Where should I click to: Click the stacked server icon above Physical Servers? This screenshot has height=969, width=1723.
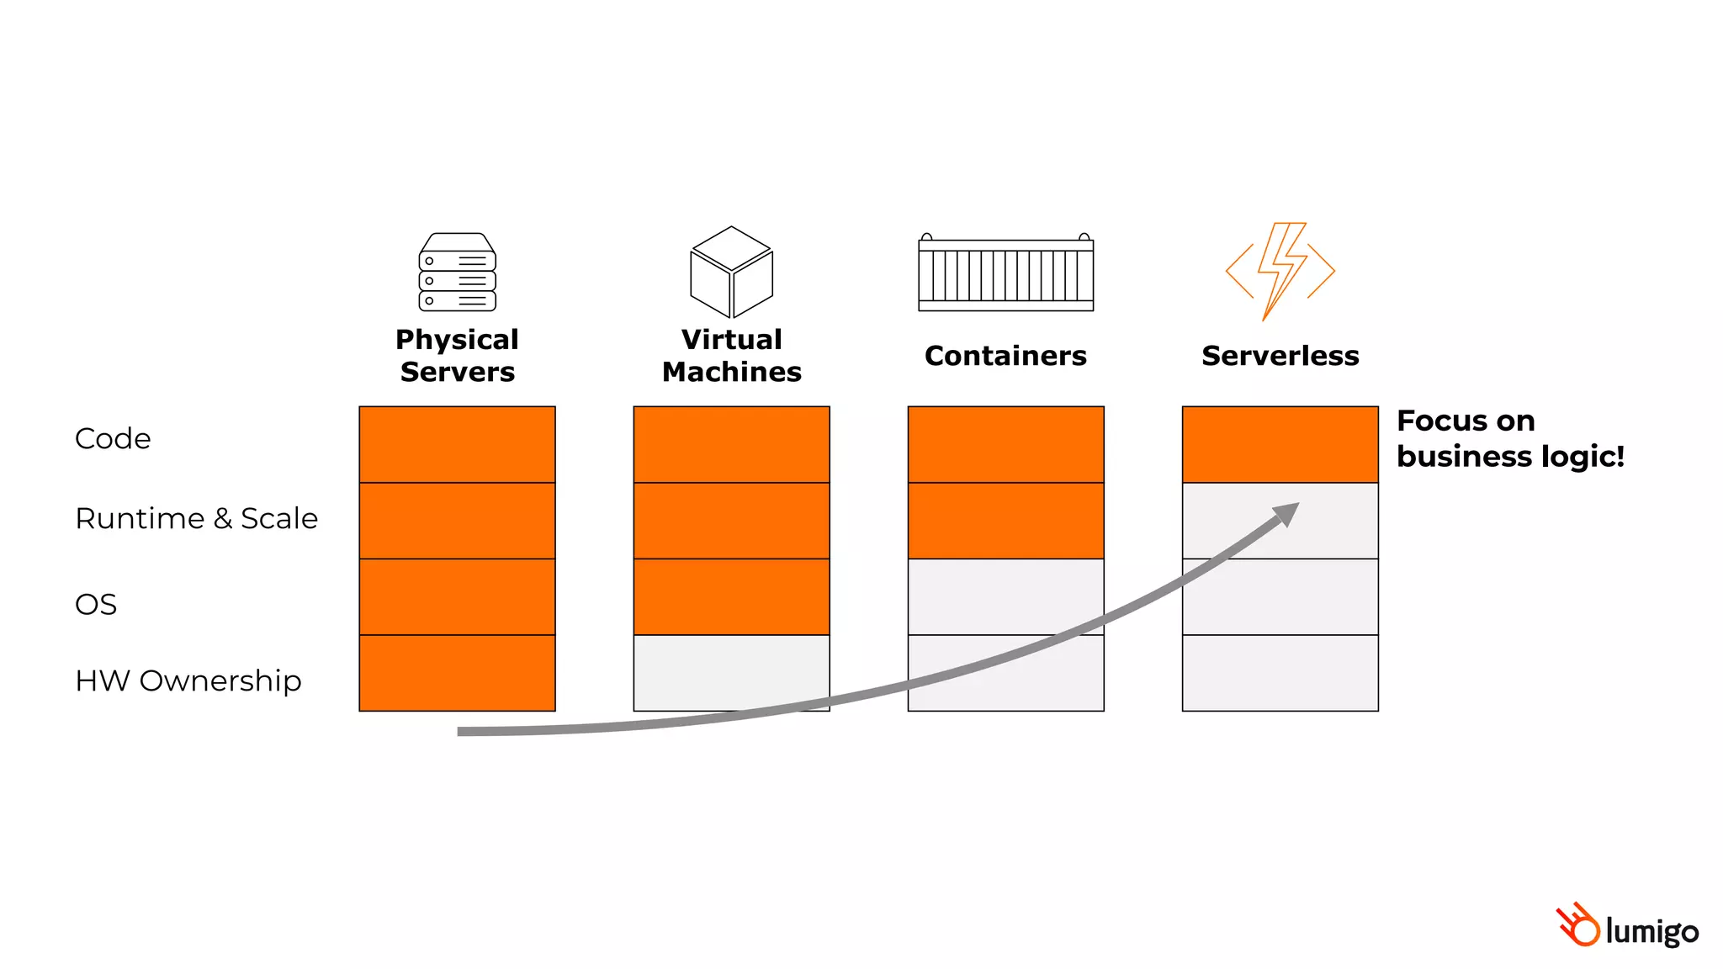pos(457,273)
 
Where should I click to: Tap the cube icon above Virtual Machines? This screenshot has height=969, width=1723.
pos(731,272)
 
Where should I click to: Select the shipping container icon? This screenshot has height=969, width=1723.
pos(1005,273)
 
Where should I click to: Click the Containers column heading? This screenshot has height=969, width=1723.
pos(1005,356)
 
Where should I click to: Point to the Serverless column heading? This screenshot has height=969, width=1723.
pos(1280,356)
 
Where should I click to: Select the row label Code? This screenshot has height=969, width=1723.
pos(113,439)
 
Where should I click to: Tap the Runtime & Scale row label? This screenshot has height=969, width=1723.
pos(197,518)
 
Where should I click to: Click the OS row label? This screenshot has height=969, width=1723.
pos(96,605)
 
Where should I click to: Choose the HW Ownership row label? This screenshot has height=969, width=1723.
pos(188,680)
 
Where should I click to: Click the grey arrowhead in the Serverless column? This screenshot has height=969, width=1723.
pos(1287,513)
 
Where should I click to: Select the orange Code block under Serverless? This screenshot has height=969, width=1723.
pos(1280,444)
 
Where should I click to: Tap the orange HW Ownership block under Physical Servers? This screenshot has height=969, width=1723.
pos(457,673)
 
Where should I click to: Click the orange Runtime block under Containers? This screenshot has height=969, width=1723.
pos(1005,521)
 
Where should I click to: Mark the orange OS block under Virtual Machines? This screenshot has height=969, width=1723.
pos(731,596)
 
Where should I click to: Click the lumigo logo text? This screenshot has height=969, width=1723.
pos(1651,932)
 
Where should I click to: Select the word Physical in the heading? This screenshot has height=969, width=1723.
pos(457,340)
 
